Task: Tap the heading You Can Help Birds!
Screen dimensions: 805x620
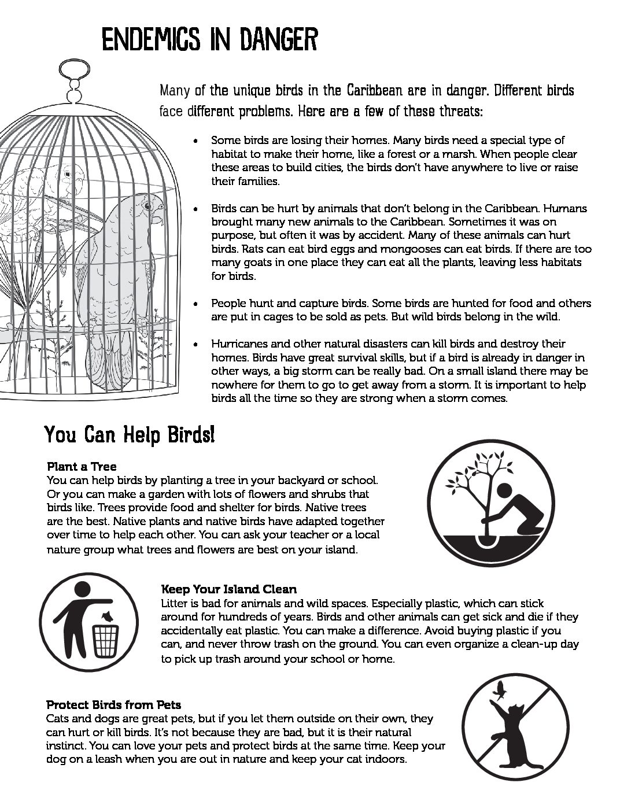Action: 130,435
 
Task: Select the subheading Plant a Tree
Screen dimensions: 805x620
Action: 82,466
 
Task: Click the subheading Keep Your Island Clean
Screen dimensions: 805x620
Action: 228,589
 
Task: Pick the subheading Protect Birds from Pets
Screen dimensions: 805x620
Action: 113,705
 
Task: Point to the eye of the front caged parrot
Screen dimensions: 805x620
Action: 147,206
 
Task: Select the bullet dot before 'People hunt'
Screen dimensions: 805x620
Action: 198,304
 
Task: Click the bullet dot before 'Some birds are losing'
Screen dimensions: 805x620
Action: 198,141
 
